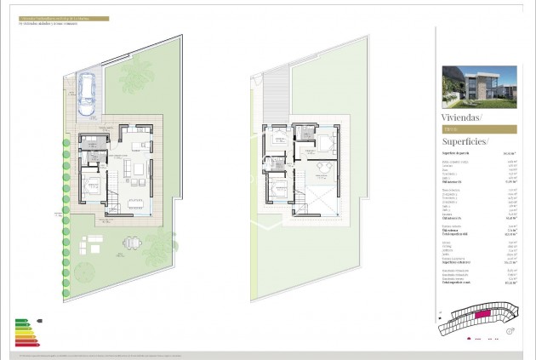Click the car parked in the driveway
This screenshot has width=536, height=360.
[x=86, y=94]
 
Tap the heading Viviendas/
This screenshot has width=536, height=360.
[x=461, y=116]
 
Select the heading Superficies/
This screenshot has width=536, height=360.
[x=465, y=141]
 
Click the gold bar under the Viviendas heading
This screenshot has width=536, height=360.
[x=478, y=129]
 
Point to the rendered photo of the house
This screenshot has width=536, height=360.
[x=478, y=86]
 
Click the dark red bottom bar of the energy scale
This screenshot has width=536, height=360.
[x=26, y=344]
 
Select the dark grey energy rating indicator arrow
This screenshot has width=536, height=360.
[x=40, y=322]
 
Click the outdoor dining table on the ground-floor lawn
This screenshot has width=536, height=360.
[x=131, y=243]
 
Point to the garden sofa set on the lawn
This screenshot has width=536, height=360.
[x=92, y=247]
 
